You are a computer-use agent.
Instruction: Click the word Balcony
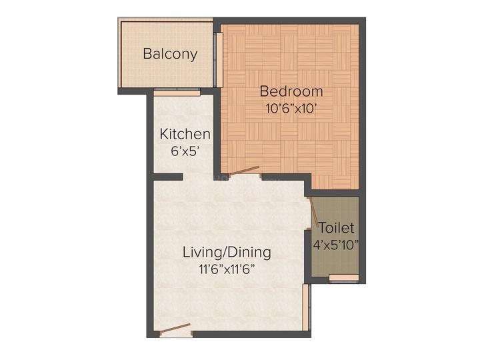click(x=170, y=54)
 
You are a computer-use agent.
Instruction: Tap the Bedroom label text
click(x=291, y=91)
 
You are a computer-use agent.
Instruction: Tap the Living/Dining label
click(x=227, y=253)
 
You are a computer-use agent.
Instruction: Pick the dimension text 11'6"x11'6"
click(x=227, y=269)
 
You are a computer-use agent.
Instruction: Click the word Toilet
click(x=337, y=228)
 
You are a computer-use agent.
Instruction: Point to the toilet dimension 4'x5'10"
click(x=337, y=244)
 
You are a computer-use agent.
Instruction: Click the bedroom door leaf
click(x=244, y=172)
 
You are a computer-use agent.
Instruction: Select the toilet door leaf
click(x=313, y=212)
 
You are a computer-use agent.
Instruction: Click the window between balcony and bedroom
click(x=217, y=60)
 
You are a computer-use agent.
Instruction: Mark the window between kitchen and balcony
click(x=177, y=93)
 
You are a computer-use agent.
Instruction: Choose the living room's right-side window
click(x=307, y=307)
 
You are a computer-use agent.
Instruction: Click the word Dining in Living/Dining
click(x=249, y=253)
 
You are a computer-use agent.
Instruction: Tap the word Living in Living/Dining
click(x=201, y=253)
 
